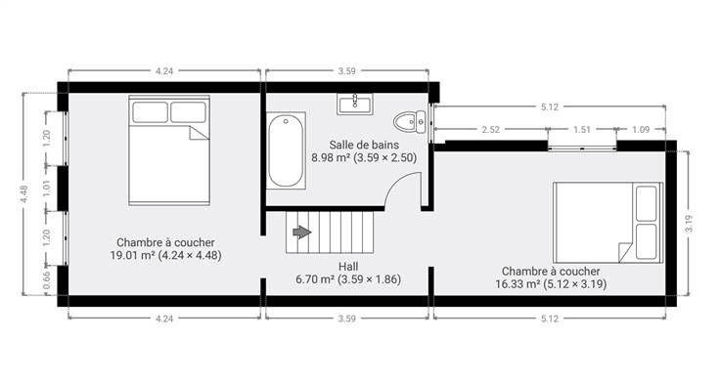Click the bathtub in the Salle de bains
(x=286, y=150)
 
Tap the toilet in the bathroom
(x=410, y=121)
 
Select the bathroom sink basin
(x=355, y=104)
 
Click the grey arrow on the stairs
(x=301, y=233)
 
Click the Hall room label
(x=348, y=267)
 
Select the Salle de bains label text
(x=364, y=145)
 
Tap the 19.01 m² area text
(x=132, y=255)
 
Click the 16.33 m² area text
(x=517, y=284)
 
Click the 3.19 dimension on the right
(x=689, y=224)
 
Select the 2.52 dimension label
(x=490, y=130)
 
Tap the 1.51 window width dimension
(x=581, y=130)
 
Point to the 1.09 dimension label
(x=641, y=130)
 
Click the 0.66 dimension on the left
(x=46, y=280)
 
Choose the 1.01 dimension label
(x=46, y=188)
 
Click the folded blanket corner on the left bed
(x=199, y=133)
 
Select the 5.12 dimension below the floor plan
(x=549, y=318)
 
